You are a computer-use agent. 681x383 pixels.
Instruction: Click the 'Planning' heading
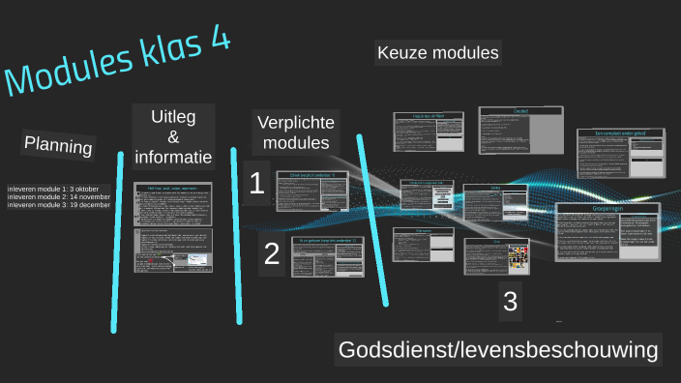[59, 146]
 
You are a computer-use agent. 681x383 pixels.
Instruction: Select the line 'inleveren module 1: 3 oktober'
[52, 189]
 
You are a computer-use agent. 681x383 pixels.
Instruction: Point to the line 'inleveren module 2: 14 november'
[58, 197]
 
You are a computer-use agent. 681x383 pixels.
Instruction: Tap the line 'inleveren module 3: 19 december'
[57, 206]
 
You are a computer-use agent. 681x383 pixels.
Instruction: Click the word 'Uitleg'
[173, 118]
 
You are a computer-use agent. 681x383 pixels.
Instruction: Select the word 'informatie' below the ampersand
[173, 157]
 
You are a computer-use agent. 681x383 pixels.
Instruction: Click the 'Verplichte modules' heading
[295, 133]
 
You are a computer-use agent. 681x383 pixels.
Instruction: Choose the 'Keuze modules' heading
[438, 53]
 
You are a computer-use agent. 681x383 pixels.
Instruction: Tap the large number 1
[256, 185]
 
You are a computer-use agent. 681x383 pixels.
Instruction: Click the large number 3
[510, 302]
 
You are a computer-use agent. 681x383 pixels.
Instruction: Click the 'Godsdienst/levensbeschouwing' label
[498, 349]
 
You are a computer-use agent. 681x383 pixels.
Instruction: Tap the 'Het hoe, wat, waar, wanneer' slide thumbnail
[173, 202]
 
